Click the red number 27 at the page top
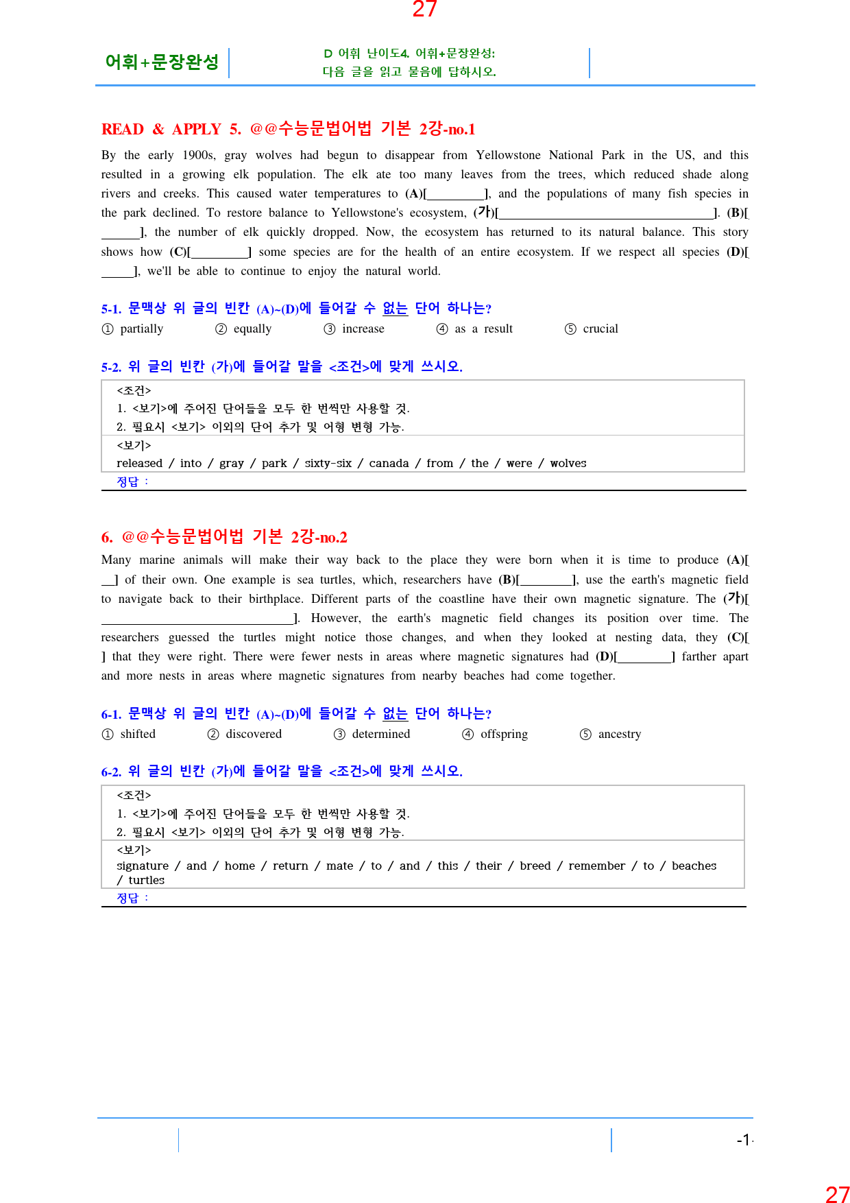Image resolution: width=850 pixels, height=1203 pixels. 424,9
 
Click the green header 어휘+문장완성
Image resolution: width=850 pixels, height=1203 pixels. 162,62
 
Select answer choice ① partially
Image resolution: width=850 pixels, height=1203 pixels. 133,329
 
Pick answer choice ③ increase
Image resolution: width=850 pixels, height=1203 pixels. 354,329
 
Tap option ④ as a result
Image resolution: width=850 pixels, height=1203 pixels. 474,329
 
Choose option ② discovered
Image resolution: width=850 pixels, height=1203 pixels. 245,734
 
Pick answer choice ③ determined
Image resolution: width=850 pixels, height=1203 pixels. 372,734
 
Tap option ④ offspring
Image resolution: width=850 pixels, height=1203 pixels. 495,734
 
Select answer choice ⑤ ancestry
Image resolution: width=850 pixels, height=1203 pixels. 610,734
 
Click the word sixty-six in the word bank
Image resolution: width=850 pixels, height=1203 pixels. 328,463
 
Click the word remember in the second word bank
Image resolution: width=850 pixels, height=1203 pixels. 596,866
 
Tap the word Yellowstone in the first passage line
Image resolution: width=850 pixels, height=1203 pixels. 508,155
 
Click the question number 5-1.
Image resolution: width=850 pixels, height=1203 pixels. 111,309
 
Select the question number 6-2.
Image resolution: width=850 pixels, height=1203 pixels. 111,772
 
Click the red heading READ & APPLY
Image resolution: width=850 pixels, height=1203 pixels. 161,129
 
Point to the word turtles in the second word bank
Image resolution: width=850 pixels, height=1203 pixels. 146,880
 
